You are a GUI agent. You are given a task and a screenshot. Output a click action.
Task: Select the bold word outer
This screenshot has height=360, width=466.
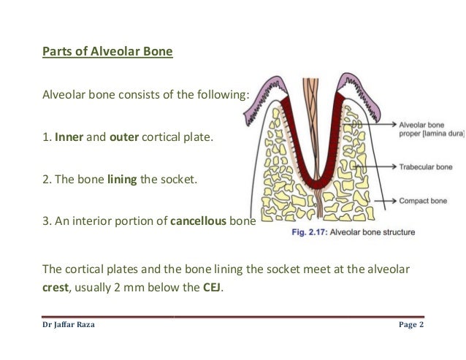(x=123, y=135)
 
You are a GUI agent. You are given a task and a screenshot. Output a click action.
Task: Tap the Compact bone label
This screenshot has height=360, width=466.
(x=423, y=199)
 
